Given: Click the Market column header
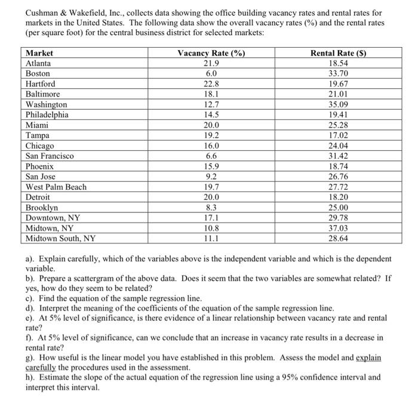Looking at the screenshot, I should (39, 53).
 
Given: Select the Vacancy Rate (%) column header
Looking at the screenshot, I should (211, 53).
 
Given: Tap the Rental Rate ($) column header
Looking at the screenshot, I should (338, 53).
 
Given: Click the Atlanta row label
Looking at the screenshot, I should (39, 63).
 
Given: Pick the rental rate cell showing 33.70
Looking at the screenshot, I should (338, 73).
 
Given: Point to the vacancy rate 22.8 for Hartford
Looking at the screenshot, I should (211, 84).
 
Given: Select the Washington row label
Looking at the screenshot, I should (47, 104).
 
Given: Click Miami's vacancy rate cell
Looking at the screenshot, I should (211, 125).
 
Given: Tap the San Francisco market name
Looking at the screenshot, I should (50, 156).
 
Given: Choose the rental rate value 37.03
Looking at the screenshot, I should (338, 228).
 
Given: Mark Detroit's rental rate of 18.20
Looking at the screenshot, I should (338, 197).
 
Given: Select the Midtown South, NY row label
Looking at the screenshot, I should (60, 239).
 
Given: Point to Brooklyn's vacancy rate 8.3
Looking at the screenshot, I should (211, 208).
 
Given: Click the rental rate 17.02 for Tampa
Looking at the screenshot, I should (338, 135).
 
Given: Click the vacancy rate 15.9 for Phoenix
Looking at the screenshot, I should (211, 166).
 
